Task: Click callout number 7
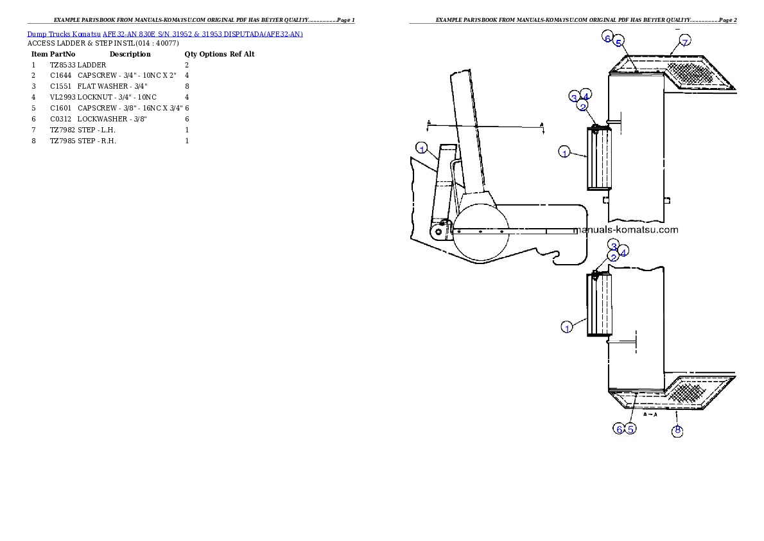(685, 42)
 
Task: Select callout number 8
(677, 430)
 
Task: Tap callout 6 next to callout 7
(607, 37)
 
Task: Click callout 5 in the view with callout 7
(618, 42)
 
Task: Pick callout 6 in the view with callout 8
(620, 429)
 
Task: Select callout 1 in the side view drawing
(421, 148)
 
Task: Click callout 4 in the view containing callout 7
(586, 95)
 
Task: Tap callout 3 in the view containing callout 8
(614, 247)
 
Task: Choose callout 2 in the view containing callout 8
(614, 257)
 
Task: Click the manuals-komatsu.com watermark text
(625, 229)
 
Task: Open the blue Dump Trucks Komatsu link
(165, 34)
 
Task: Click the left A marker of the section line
(428, 122)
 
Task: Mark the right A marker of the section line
(542, 125)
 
